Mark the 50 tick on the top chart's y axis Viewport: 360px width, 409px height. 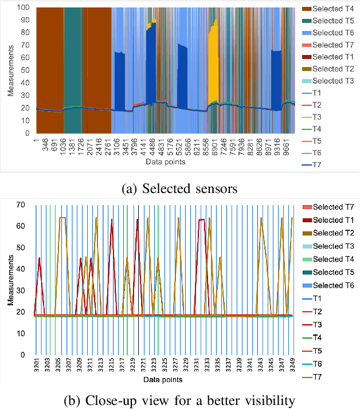[25, 70]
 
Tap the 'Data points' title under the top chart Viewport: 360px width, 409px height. [162, 164]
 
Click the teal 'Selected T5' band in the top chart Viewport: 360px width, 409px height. [72, 57]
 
